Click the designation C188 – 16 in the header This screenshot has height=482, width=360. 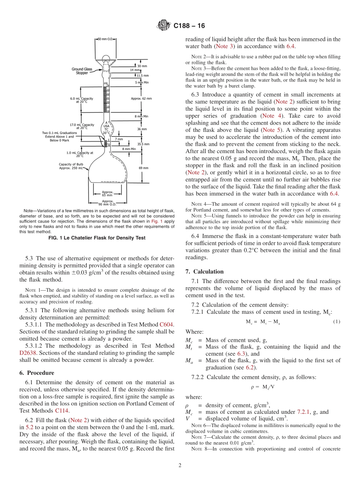[x=189, y=26]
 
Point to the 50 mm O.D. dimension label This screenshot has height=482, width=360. [x=105, y=39]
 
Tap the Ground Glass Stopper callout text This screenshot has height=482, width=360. [x=82, y=71]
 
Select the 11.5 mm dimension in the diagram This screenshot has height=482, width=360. [x=142, y=76]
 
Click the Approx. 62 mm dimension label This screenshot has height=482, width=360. [x=141, y=99]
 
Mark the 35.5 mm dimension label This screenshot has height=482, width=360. [x=143, y=144]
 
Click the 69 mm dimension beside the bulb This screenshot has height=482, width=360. [x=143, y=167]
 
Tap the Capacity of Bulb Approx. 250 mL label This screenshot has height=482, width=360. [x=71, y=166]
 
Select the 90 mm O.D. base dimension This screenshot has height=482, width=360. [x=107, y=203]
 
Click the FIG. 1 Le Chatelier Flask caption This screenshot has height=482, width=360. [x=97, y=238]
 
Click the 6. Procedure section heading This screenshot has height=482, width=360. [x=37, y=373]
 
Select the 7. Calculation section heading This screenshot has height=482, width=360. [x=204, y=272]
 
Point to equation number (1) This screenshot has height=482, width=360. [x=336, y=322]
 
